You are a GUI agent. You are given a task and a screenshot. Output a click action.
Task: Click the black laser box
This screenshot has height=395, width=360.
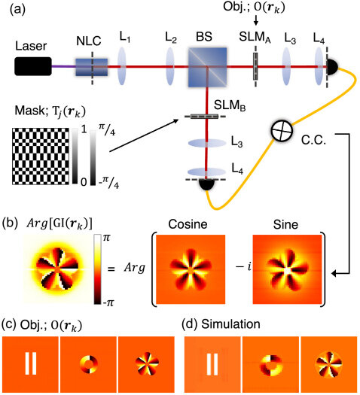[33, 66]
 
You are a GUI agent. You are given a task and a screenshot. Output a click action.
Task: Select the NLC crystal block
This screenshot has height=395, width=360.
[92, 67]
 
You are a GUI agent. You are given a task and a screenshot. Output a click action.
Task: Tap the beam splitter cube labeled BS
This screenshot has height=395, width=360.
[207, 67]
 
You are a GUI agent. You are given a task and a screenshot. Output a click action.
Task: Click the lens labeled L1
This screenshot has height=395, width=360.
[122, 66]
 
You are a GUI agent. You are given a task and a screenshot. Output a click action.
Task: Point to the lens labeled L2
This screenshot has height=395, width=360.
[170, 66]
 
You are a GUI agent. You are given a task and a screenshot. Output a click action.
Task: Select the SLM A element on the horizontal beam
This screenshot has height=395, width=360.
[255, 66]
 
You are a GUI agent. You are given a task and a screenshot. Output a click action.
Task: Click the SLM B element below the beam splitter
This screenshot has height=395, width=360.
[204, 117]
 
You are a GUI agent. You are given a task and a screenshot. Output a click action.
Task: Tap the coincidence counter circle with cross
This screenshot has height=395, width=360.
[282, 131]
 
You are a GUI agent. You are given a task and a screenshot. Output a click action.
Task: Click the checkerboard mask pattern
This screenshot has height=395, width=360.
[41, 156]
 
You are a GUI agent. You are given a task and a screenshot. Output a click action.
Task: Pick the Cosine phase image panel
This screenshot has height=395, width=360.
[191, 269]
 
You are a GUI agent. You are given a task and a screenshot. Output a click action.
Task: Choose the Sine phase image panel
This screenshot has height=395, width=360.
[288, 269]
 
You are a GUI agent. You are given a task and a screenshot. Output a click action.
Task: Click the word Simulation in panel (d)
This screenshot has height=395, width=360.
[230, 324]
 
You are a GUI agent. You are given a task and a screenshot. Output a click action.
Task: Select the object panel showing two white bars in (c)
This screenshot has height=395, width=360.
[31, 364]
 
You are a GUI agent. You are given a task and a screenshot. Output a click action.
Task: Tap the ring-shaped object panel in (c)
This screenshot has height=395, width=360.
[88, 364]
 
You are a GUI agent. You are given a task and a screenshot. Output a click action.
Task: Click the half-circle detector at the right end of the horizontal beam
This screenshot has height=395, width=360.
[333, 67]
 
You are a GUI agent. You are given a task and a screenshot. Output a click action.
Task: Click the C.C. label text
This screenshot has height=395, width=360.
[313, 141]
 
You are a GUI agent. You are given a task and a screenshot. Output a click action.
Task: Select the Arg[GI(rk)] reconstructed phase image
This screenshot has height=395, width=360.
[58, 269]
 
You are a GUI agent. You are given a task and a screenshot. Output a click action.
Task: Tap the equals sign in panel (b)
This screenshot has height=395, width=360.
[111, 269]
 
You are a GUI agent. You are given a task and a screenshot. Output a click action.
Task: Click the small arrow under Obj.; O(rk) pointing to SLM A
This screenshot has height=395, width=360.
[255, 20]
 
